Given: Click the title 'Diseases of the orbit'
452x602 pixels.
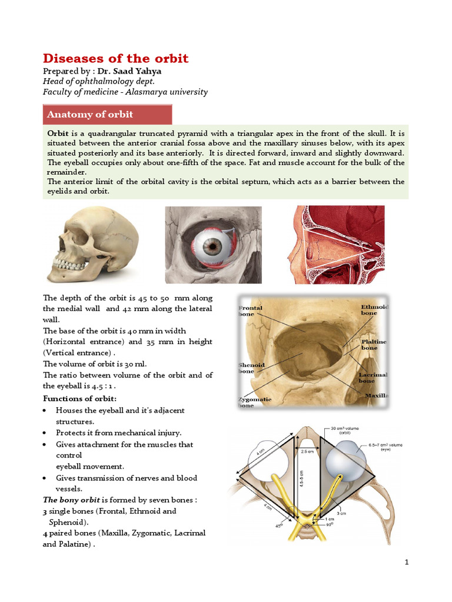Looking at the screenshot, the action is pyautogui.click(x=115, y=58).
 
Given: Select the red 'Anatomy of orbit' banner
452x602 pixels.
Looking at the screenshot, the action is pyautogui.click(x=107, y=114).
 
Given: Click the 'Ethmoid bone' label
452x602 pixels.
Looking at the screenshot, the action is pyautogui.click(x=374, y=310).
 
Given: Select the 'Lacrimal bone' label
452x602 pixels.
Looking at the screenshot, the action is pyautogui.click(x=373, y=377).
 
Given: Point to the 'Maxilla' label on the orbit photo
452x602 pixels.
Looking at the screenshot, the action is pyautogui.click(x=377, y=396).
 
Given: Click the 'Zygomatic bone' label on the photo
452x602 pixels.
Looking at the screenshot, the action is pyautogui.click(x=254, y=402).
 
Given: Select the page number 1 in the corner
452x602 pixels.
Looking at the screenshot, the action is pyautogui.click(x=406, y=563).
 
